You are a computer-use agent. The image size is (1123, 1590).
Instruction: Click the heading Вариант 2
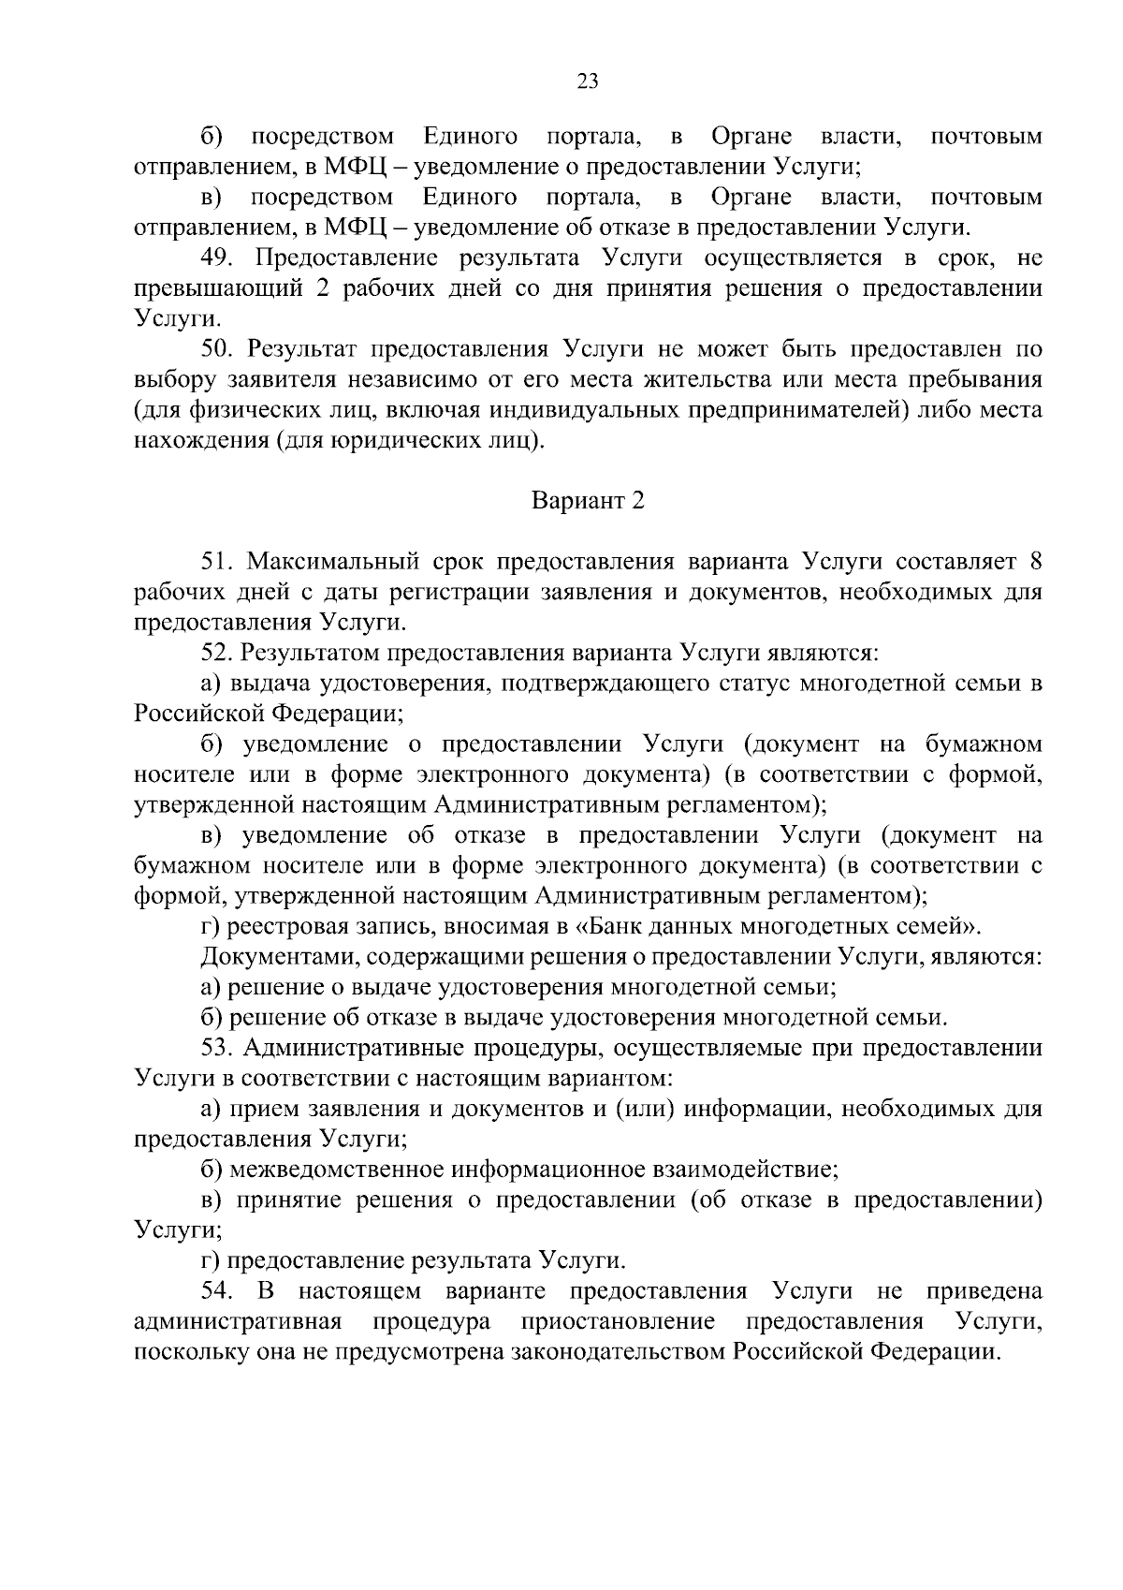tap(588, 500)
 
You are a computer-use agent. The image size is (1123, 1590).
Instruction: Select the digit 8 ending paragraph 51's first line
tap(1035, 562)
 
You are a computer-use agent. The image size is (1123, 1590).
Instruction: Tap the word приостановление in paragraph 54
tap(620, 1321)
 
